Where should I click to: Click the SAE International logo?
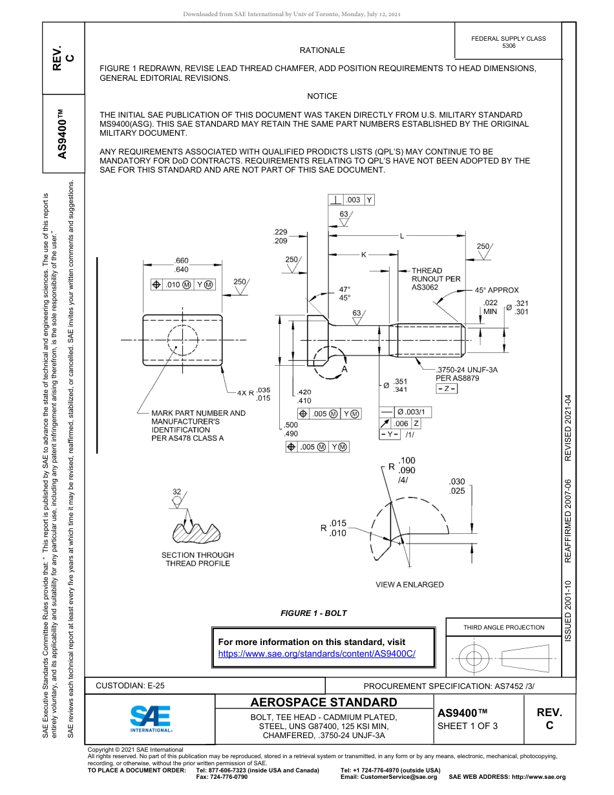[150, 717]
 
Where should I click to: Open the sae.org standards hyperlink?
[317, 654]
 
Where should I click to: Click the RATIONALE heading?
[322, 50]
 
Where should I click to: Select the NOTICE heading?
[322, 96]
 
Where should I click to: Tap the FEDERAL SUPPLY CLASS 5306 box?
[508, 42]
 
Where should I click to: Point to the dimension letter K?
[363, 255]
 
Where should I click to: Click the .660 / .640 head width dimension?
[181, 265]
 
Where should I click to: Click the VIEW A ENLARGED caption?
[410, 584]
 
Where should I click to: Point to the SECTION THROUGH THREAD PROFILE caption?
[197, 559]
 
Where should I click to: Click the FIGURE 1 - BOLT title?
[313, 613]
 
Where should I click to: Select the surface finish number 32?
[176, 492]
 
